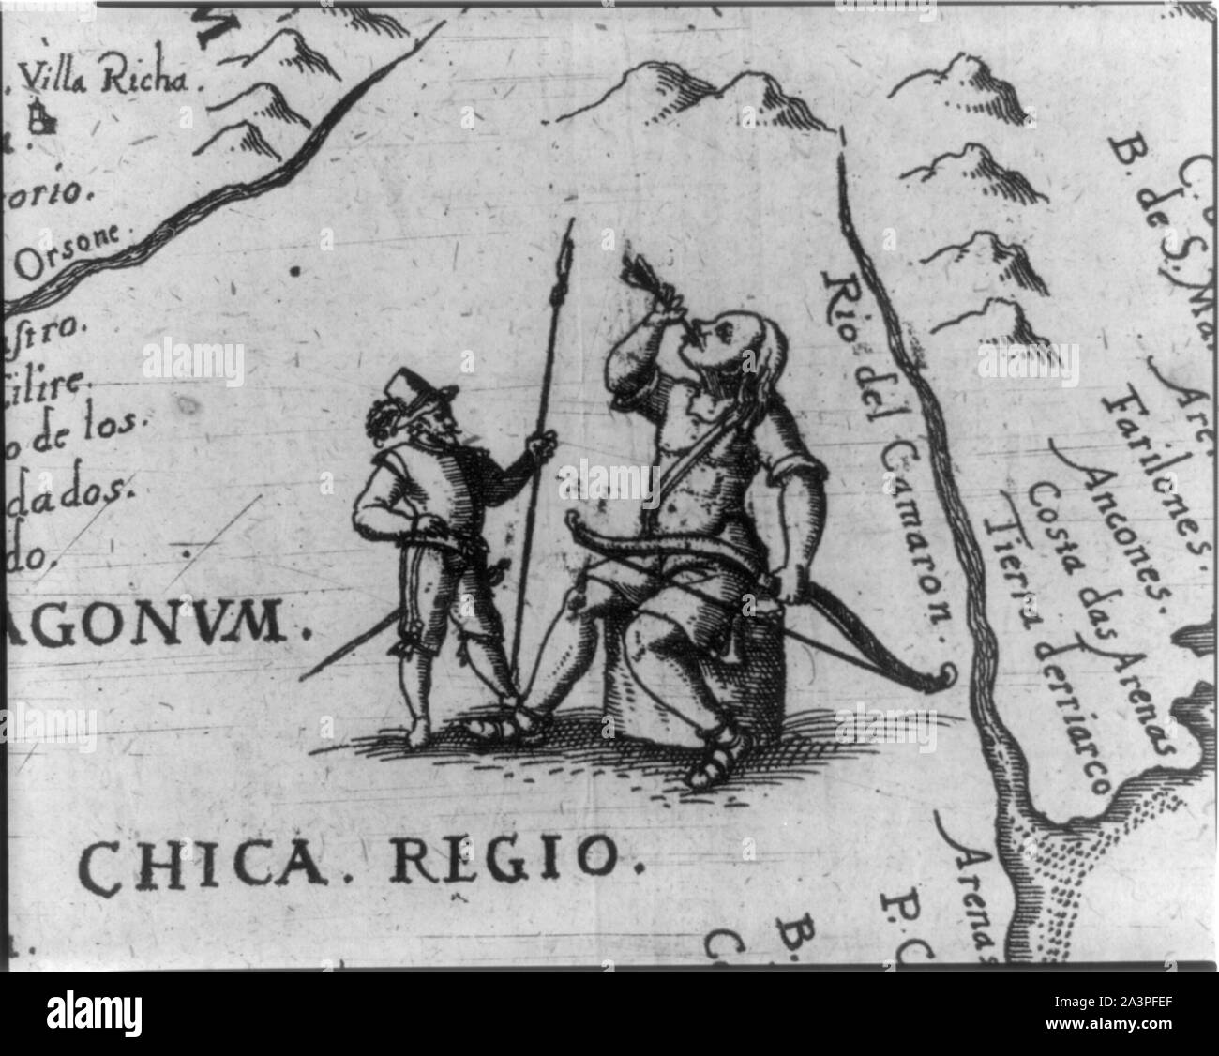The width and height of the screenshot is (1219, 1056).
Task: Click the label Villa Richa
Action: pyautogui.click(x=110, y=79)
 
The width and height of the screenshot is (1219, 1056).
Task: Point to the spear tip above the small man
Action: pyautogui.click(x=564, y=258)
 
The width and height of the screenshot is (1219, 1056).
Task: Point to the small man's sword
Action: pyautogui.click(x=347, y=647)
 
